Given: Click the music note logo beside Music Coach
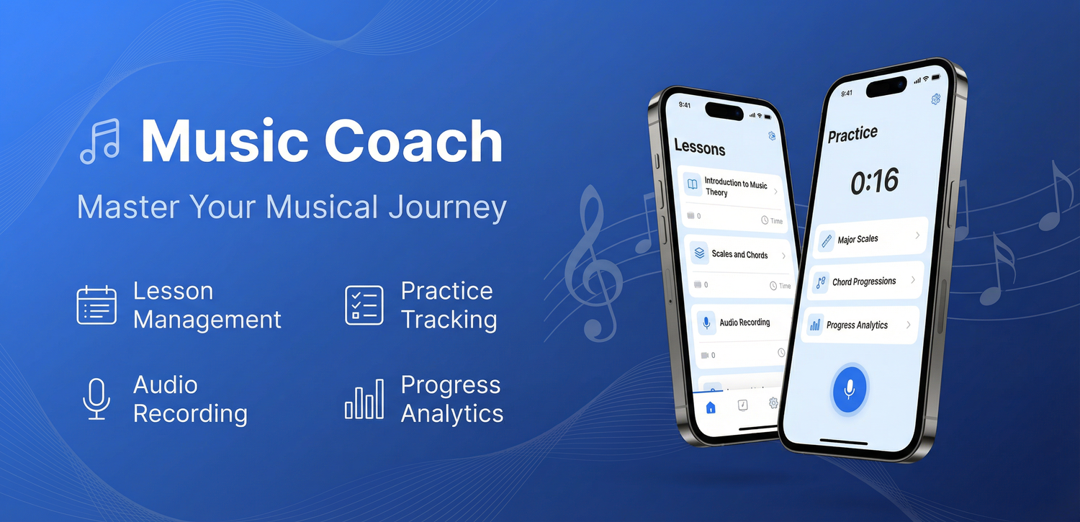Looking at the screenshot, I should point(99,141).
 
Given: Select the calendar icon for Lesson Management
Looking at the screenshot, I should point(96,305).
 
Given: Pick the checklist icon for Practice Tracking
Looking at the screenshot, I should point(364,305).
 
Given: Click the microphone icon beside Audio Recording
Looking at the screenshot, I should point(96,399).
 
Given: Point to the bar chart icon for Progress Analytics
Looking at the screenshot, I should point(364,399).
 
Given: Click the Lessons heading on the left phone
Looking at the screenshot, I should point(699,148).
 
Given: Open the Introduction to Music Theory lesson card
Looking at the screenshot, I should point(734,189).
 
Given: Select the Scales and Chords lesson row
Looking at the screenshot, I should point(739,254).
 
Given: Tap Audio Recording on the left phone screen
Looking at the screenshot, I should point(744,323).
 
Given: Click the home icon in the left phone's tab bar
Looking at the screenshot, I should point(711,408).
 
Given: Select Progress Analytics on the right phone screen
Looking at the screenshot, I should point(858,325).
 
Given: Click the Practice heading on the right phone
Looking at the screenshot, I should point(852,135).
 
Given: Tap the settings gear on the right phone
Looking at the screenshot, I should point(935,99).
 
